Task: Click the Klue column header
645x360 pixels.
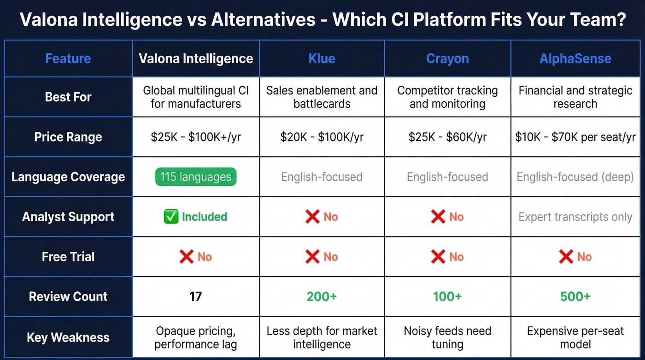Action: (x=322, y=59)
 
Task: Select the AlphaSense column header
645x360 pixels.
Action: (x=575, y=59)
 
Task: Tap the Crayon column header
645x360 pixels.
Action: (x=447, y=59)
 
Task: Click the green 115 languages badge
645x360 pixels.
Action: (x=196, y=177)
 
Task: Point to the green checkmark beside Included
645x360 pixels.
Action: (x=171, y=217)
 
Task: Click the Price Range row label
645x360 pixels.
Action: (x=68, y=137)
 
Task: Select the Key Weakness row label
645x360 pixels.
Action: (x=68, y=337)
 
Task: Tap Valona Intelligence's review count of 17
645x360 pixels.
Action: (x=196, y=296)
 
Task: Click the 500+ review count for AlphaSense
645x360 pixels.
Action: (x=575, y=296)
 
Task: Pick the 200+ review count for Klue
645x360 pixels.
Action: (x=322, y=296)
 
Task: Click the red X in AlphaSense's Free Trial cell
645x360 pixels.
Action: (x=566, y=257)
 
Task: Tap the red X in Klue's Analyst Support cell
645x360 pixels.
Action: (x=312, y=217)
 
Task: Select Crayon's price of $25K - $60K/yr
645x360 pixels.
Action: (x=447, y=137)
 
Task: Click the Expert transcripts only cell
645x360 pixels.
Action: (x=575, y=217)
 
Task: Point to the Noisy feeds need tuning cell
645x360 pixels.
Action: (x=447, y=337)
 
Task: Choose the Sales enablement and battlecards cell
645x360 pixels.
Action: (x=322, y=97)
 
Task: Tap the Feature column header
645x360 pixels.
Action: (x=68, y=59)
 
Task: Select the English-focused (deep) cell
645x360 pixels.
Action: (x=575, y=177)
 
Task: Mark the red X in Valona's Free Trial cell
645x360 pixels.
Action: (x=187, y=257)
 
